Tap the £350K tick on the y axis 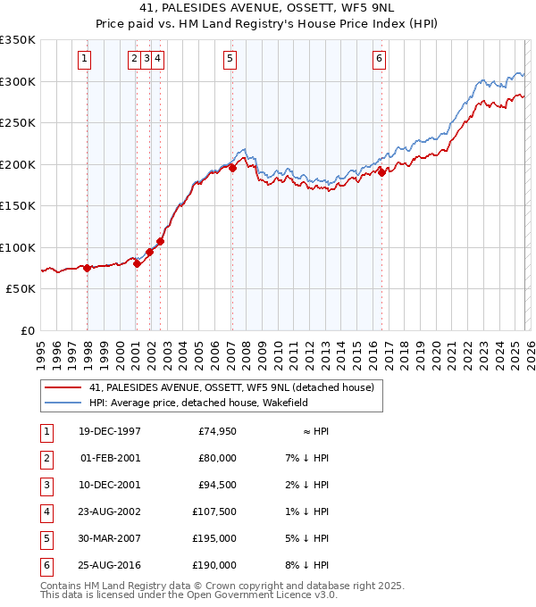pyautogui.click(x=18, y=40)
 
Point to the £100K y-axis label pyautogui.click(x=18, y=247)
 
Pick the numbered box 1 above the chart pyautogui.click(x=84, y=60)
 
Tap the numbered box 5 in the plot pyautogui.click(x=230, y=60)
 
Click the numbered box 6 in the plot pyautogui.click(x=380, y=60)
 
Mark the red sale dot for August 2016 pyautogui.click(x=381, y=172)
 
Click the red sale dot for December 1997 pyautogui.click(x=87, y=268)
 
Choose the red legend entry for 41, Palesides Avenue pyautogui.click(x=236, y=387)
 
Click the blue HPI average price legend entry pyautogui.click(x=198, y=403)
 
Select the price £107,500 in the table pyautogui.click(x=216, y=511)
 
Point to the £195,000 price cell pyautogui.click(x=216, y=538)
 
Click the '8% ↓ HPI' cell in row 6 pyautogui.click(x=308, y=565)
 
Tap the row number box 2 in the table pyautogui.click(x=45, y=458)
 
